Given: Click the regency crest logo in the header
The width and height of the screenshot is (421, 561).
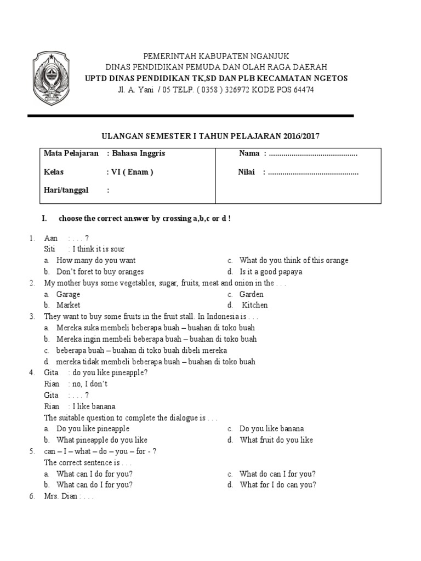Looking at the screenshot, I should (x=52, y=78).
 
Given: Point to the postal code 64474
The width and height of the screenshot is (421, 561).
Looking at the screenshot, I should (x=303, y=90).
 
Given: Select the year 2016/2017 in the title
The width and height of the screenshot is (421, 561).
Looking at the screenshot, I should (x=299, y=135).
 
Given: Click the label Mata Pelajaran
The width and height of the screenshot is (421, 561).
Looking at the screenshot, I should (x=71, y=153).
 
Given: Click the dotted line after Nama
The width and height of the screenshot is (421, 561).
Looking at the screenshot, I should (x=313, y=154).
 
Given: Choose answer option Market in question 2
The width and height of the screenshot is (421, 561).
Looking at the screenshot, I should (x=68, y=305).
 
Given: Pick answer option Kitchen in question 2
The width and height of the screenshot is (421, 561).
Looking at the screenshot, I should (x=255, y=305).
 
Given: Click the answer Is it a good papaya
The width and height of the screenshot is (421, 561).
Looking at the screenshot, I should (x=271, y=272).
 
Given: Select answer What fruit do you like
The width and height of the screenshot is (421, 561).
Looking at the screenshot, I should (x=276, y=440).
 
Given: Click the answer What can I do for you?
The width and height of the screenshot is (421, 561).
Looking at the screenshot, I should (x=94, y=474).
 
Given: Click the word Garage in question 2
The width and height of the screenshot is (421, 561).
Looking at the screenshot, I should (x=68, y=294).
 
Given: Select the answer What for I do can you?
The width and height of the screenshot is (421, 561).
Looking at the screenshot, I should (x=277, y=485).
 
